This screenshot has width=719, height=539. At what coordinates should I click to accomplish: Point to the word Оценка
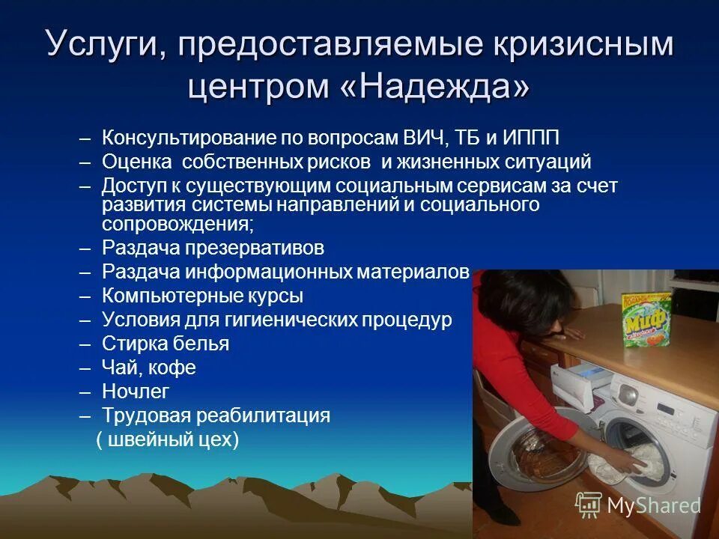131,162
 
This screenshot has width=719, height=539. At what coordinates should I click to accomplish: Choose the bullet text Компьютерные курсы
202,296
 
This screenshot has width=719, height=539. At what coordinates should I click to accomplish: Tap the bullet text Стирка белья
166,344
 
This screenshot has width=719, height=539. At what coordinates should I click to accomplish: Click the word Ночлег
136,391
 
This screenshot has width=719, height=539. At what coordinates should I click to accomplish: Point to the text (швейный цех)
168,439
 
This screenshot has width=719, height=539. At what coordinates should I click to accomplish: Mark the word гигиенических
283,320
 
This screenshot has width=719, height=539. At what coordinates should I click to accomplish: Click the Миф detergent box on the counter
646,320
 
